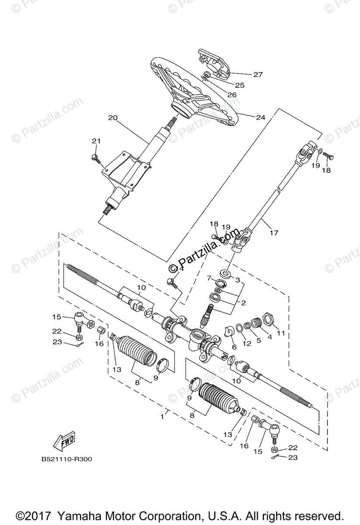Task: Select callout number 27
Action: pyautogui.click(x=258, y=74)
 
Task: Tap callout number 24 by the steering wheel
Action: pyautogui.click(x=261, y=117)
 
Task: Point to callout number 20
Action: pyautogui.click(x=113, y=118)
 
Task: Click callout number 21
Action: pyautogui.click(x=96, y=141)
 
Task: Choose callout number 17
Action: pyautogui.click(x=274, y=233)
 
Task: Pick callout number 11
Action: pyautogui.click(x=280, y=333)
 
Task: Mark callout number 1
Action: pyautogui.click(x=162, y=416)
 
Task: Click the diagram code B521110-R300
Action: pyautogui.click(x=67, y=459)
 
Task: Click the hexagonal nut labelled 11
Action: pyautogui.click(x=269, y=318)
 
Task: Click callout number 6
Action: pyautogui.click(x=234, y=346)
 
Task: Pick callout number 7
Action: pyautogui.click(x=209, y=278)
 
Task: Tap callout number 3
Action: pyautogui.click(x=238, y=279)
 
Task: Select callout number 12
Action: pyautogui.click(x=247, y=343)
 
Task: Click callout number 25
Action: pyautogui.click(x=239, y=85)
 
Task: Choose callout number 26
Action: pyautogui.click(x=232, y=94)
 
